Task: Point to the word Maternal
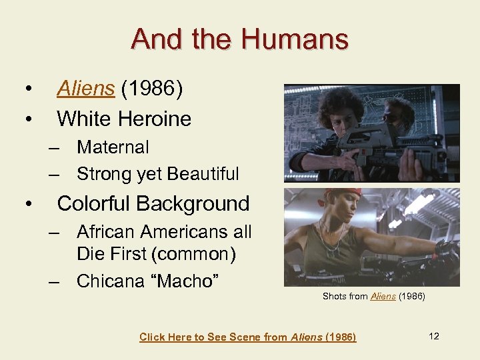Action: (x=113, y=147)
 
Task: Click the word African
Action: (x=109, y=232)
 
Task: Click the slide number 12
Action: (x=434, y=336)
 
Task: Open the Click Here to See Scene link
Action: (x=247, y=337)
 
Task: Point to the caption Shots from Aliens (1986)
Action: (x=373, y=296)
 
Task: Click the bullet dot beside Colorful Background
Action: (x=27, y=203)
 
